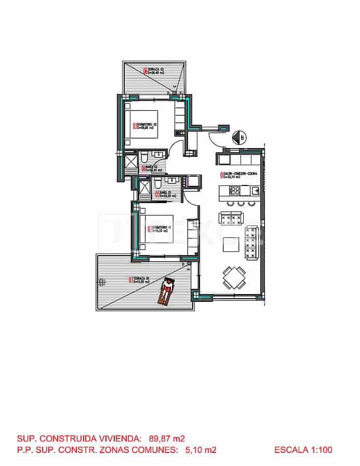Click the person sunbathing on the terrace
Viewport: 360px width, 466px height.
pyautogui.click(x=167, y=291)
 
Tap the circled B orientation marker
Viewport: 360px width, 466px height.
pyautogui.click(x=241, y=137)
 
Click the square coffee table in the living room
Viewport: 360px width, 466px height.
pyautogui.click(x=231, y=244)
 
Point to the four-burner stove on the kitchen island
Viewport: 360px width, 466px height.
pyautogui.click(x=233, y=191)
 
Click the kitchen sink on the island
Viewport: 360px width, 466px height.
pyautogui.click(x=255, y=191)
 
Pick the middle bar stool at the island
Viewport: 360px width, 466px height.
pyautogui.click(x=241, y=203)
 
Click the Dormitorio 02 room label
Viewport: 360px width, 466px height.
pyautogui.click(x=146, y=126)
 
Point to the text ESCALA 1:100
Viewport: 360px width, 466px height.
pyautogui.click(x=303, y=450)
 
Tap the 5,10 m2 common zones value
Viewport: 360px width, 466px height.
pyautogui.click(x=201, y=450)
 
